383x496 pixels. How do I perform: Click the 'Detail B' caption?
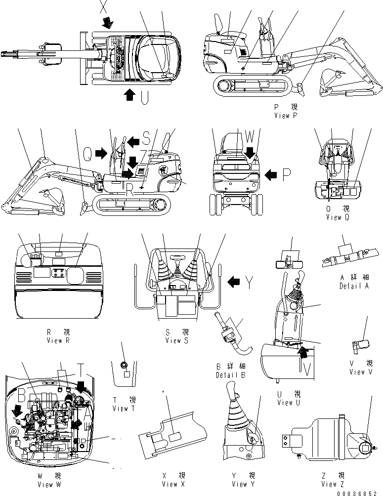point(230,375)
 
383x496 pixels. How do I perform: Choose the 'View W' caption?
point(49,484)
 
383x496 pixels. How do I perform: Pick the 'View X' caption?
point(173,484)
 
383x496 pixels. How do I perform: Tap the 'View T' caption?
point(120,408)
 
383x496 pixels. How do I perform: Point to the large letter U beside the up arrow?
point(144,98)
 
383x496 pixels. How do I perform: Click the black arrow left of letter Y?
point(235,282)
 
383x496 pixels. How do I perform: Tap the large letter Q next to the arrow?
point(86,154)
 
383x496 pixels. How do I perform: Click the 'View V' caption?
point(356,372)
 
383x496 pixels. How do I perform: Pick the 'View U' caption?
point(289,403)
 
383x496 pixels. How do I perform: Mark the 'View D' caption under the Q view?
point(334,217)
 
